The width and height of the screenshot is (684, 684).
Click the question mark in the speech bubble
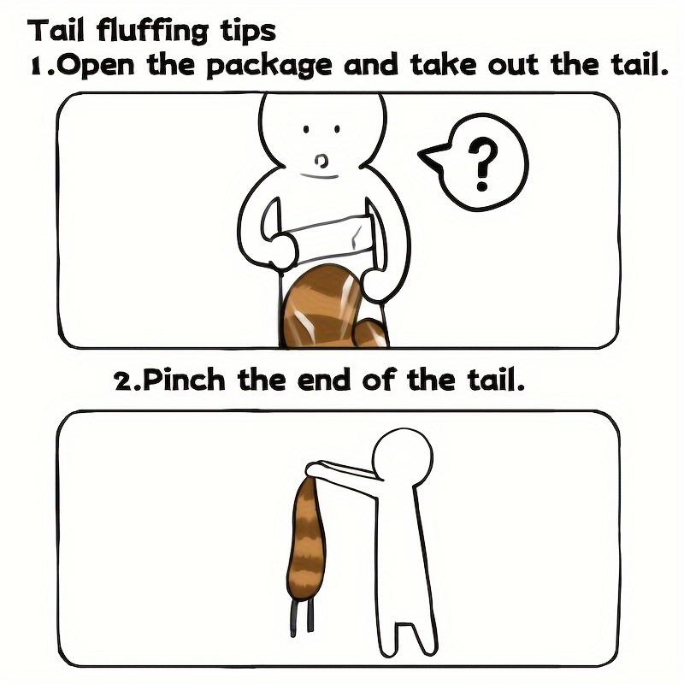coord(483,163)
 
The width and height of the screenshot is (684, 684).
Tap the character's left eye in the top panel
coord(306,129)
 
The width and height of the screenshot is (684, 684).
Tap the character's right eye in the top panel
coord(337,129)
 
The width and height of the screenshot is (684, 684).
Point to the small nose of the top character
coord(321,161)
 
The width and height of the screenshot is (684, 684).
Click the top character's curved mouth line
coord(319,176)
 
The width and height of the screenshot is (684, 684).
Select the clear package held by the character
coord(324,238)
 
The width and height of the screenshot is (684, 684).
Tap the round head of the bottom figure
coord(403,457)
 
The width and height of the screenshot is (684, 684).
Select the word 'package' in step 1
coord(269,67)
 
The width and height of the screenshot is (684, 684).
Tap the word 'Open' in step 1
coord(97,66)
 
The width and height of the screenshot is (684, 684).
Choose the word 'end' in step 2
coord(324,380)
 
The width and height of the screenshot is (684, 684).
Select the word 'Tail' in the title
coord(56,31)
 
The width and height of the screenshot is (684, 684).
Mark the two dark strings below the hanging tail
coord(302,617)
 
